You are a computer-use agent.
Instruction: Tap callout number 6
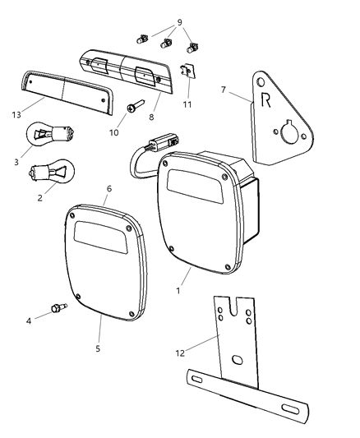108,189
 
